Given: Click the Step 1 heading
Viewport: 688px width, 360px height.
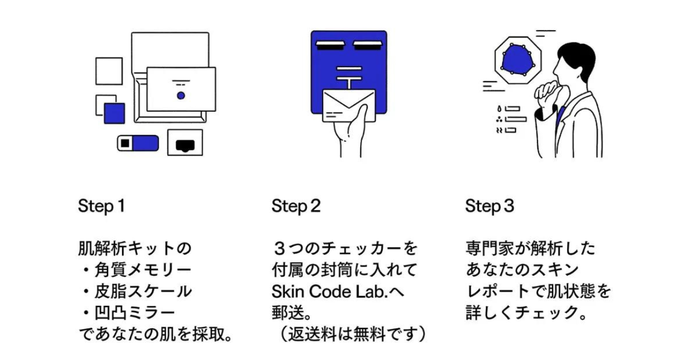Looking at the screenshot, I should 102,206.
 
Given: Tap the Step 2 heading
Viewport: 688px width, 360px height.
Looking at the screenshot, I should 296,206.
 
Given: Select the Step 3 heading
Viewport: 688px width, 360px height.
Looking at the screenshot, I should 490,206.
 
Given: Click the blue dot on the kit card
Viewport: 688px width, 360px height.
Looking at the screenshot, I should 181,96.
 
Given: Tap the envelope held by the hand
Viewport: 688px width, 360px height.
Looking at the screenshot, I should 349,105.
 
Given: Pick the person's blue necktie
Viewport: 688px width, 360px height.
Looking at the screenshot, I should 561,116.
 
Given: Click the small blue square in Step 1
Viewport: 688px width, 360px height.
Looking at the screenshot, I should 114,113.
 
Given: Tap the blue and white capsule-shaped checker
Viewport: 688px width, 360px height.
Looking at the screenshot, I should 138,143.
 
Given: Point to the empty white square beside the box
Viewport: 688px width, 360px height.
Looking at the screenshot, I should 109,71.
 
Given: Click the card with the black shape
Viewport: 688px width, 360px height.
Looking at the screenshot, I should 185,143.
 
